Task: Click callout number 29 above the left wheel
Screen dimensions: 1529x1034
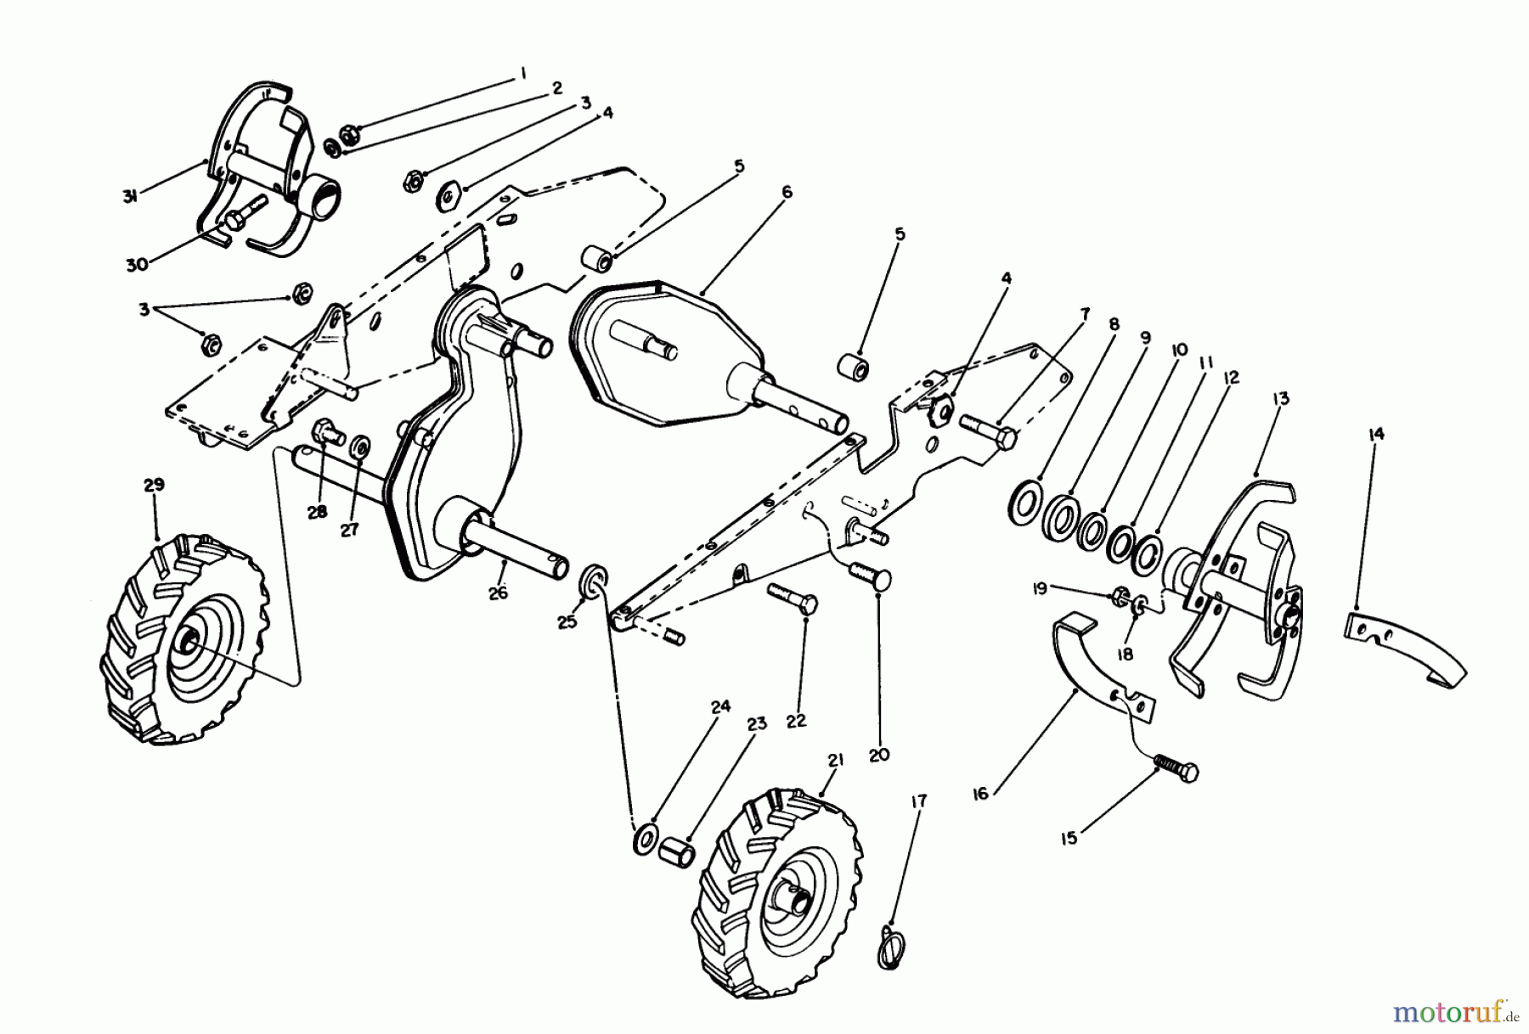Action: pos(154,485)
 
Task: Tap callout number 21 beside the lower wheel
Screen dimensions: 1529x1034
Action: pos(835,761)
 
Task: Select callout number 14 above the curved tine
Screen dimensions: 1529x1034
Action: pos(1376,435)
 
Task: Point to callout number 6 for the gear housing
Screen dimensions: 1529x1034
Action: pos(787,193)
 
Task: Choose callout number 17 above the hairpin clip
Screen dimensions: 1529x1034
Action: pos(918,801)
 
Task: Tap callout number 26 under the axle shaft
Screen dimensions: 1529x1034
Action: pos(498,593)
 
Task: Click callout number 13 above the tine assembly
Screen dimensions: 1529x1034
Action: pos(1281,398)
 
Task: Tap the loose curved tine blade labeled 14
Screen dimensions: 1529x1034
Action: pos(1406,649)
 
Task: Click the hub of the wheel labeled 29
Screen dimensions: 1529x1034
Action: pos(189,643)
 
